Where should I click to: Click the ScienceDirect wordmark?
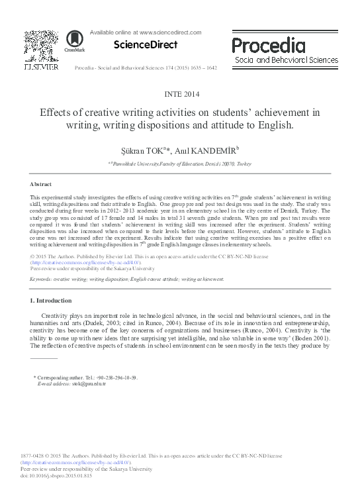coord(146,45)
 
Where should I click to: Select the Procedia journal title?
coord(269,45)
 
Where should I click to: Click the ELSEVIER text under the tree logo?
coord(40,67)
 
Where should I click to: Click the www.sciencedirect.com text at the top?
coord(165,32)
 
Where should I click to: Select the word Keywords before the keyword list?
coord(42,279)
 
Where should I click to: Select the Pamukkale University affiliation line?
coord(179,163)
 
